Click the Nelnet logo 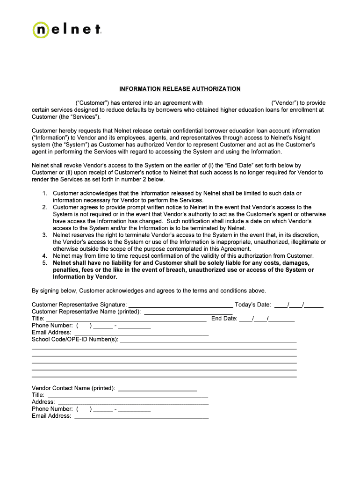click(x=67, y=29)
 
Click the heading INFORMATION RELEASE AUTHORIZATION click(x=180, y=89)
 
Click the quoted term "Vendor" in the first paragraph click(x=285, y=103)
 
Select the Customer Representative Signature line click(x=180, y=305)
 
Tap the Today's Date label click(x=253, y=305)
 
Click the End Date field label click(x=224, y=319)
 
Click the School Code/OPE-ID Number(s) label click(x=75, y=339)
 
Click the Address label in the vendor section click(x=43, y=402)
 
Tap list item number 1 click(x=44, y=193)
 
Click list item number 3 click(x=44, y=235)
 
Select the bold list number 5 click(x=44, y=263)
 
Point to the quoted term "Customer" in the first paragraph click(x=92, y=103)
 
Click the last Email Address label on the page click(x=51, y=416)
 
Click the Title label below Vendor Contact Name click(x=38, y=395)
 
